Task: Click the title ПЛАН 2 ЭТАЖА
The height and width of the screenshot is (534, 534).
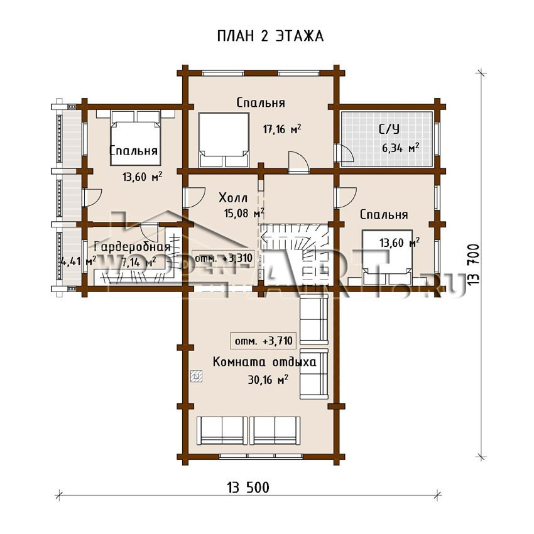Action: click(x=270, y=36)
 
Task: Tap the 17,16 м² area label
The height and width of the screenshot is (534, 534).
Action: click(x=282, y=129)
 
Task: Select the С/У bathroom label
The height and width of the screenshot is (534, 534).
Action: click(x=390, y=129)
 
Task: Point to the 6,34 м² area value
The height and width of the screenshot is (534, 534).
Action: click(x=401, y=148)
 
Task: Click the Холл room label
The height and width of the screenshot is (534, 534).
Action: click(x=233, y=197)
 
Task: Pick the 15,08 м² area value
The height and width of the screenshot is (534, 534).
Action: click(x=244, y=213)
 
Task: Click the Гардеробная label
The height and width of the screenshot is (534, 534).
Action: click(x=132, y=246)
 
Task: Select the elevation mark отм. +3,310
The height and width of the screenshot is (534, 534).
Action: click(x=223, y=258)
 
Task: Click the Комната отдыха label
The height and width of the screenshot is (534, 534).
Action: click(x=264, y=362)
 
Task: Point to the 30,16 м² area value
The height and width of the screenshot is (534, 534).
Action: click(x=268, y=379)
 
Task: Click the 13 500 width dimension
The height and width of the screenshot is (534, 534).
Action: click(x=248, y=488)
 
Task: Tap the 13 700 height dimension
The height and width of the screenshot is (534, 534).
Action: click(x=474, y=264)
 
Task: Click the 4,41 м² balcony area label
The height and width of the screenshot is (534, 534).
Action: click(x=78, y=261)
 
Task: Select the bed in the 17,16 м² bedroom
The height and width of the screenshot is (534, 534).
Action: click(x=224, y=140)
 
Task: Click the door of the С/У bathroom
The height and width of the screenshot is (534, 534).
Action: click(x=343, y=153)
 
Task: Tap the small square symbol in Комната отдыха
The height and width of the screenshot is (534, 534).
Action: click(x=197, y=376)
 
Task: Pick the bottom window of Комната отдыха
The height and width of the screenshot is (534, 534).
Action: click(x=261, y=455)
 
